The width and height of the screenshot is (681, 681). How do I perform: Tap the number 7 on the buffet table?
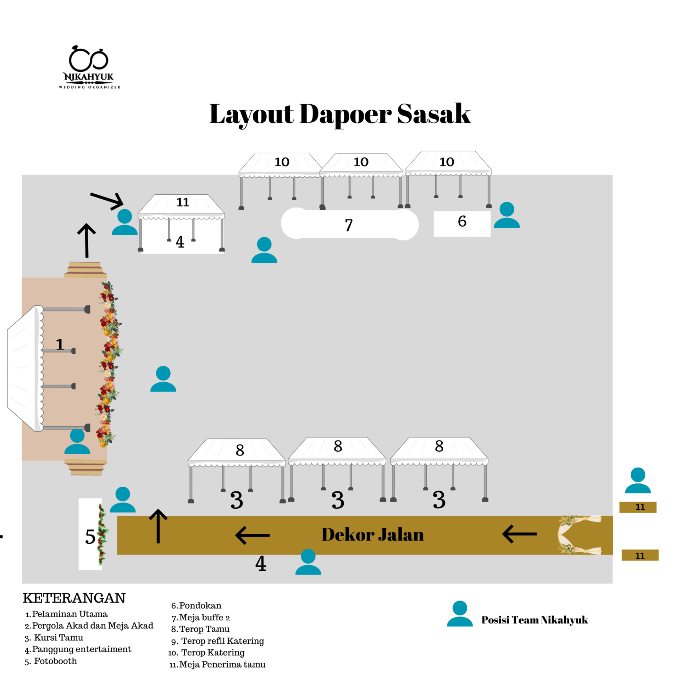click(x=348, y=225)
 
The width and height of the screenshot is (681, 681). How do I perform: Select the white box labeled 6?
click(x=462, y=223)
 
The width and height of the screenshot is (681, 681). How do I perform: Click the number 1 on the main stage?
click(x=60, y=344)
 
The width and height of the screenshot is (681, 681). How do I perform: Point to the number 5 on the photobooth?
click(x=90, y=536)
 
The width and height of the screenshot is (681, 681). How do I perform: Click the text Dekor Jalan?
click(x=372, y=535)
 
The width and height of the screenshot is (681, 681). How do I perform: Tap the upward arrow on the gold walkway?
click(x=158, y=526)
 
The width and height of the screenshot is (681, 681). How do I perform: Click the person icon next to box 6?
click(x=506, y=215)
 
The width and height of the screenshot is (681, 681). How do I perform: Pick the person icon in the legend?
click(x=460, y=614)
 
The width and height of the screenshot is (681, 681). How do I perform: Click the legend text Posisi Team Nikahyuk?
click(x=534, y=620)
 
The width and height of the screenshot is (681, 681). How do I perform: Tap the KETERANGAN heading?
click(x=74, y=598)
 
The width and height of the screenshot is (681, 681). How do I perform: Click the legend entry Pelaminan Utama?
click(x=70, y=614)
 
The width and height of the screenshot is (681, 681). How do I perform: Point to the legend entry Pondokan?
click(x=200, y=605)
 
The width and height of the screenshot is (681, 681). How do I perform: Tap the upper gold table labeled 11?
click(x=637, y=507)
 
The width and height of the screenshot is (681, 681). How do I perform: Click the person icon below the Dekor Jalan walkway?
click(x=308, y=562)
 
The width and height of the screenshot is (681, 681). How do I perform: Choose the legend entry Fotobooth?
click(x=55, y=661)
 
